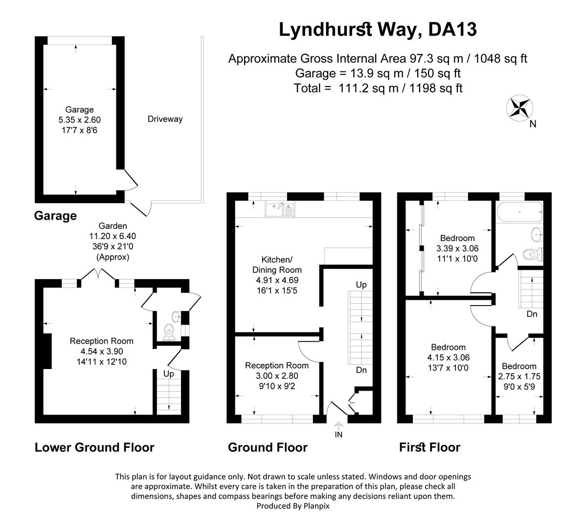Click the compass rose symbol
pos(519,108)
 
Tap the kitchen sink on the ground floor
pos(279,209)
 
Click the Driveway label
pos(165,119)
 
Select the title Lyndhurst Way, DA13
pos(377,29)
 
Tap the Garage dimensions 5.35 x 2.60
pos(79,119)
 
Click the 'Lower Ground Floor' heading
pos(94,447)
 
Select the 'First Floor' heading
pos(429,447)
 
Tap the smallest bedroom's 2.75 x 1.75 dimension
pos(518,376)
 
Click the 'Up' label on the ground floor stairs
pos(361,285)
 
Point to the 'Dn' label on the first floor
pos(532,314)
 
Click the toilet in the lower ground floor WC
pos(169,331)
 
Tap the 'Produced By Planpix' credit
pos(293,506)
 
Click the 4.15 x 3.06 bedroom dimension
pos(448,357)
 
